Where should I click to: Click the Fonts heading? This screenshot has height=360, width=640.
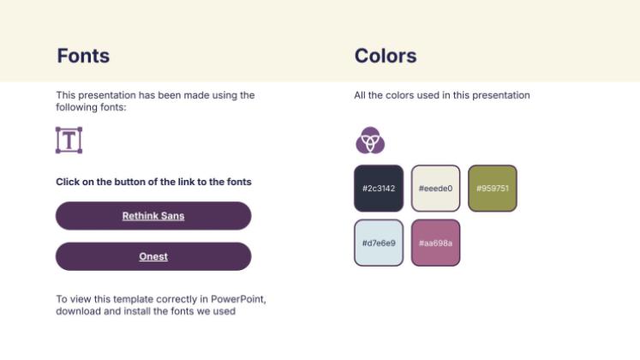click(x=83, y=57)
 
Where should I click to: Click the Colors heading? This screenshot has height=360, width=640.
click(x=386, y=57)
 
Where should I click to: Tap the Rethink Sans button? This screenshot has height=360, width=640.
click(x=153, y=216)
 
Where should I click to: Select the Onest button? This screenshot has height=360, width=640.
click(x=153, y=256)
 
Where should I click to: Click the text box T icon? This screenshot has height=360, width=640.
click(x=69, y=140)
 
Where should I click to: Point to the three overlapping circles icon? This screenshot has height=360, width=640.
click(x=370, y=140)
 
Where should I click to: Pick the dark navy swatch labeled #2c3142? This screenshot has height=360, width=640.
click(x=378, y=188)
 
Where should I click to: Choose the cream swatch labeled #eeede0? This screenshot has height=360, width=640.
click(x=435, y=188)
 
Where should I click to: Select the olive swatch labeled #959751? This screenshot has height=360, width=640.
click(x=492, y=188)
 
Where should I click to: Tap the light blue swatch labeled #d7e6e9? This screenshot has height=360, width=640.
click(x=378, y=243)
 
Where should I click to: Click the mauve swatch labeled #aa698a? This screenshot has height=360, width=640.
click(x=435, y=243)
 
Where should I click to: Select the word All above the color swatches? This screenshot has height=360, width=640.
click(x=360, y=95)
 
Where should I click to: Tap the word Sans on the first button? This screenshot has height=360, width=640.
click(x=173, y=216)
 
